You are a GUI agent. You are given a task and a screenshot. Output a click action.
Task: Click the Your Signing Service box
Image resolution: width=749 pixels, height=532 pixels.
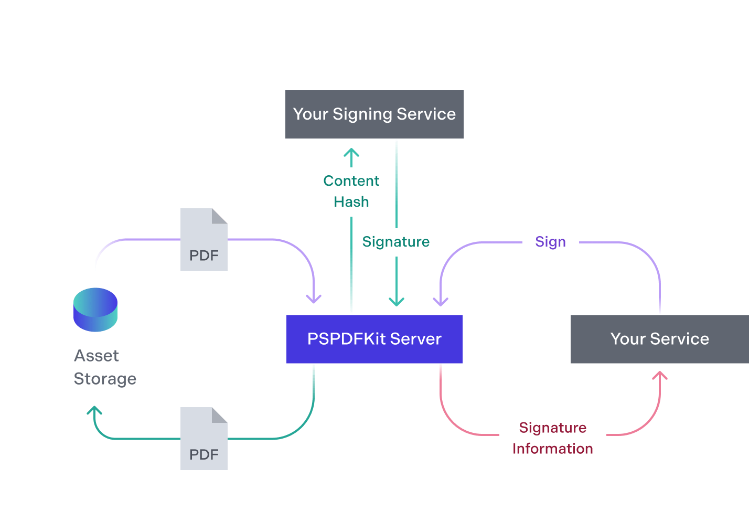click(374, 114)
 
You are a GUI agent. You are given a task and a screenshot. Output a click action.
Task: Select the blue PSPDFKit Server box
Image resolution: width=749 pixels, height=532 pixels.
click(374, 339)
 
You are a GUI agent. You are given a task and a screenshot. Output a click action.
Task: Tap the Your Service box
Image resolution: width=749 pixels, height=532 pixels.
click(660, 339)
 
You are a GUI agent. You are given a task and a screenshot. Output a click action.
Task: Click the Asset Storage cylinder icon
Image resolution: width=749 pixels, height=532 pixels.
click(95, 310)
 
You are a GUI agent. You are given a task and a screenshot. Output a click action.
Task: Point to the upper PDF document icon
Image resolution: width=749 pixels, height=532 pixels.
click(204, 239)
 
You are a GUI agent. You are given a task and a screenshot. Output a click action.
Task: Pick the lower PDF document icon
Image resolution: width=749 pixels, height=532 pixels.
click(204, 439)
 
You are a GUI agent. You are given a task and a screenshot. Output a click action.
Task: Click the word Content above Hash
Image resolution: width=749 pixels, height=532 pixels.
click(351, 181)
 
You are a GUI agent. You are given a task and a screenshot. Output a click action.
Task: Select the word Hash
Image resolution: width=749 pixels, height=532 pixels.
click(351, 202)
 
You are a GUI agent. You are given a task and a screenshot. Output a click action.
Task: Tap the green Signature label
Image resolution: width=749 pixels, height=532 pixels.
click(396, 242)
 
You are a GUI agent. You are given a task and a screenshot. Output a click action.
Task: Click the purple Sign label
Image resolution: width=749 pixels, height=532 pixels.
click(550, 242)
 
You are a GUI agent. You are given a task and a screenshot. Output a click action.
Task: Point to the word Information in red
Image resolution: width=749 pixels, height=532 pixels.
click(553, 449)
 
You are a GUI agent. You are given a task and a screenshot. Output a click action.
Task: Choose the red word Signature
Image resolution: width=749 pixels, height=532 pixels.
click(553, 428)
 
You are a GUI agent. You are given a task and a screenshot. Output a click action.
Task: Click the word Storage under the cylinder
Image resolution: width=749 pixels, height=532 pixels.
click(105, 379)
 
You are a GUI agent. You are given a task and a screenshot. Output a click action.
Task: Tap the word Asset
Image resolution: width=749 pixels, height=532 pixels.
click(97, 356)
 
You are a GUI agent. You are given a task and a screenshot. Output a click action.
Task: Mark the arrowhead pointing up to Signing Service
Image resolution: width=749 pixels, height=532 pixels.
click(351, 153)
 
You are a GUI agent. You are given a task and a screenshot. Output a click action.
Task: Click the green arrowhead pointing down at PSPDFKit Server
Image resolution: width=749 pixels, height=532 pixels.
click(397, 302)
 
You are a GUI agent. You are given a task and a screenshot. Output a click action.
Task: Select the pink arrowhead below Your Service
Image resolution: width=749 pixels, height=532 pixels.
click(660, 375)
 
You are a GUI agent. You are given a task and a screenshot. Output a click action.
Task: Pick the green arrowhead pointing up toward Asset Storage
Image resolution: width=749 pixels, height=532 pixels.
click(94, 410)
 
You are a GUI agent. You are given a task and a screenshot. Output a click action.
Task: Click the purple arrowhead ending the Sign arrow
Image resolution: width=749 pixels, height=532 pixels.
click(441, 302)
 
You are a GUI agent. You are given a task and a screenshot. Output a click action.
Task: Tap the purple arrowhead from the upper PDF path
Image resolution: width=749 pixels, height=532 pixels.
click(314, 299)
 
